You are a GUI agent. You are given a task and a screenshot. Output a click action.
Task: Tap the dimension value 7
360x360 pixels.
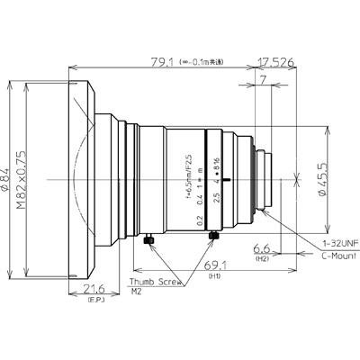click(x=261, y=82)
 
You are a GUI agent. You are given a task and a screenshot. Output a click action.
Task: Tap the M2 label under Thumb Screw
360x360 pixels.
click(x=137, y=292)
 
